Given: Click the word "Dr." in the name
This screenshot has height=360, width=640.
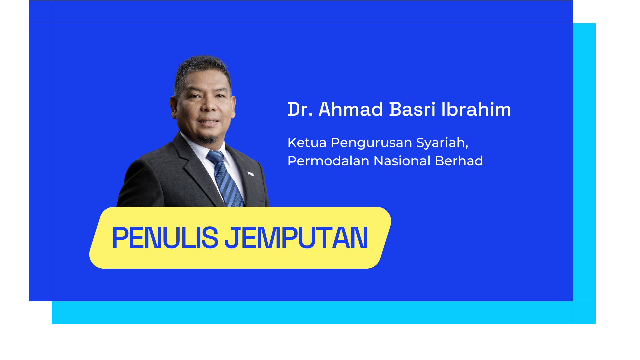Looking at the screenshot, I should click(300, 109).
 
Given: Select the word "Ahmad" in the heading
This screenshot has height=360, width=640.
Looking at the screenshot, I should click(351, 109).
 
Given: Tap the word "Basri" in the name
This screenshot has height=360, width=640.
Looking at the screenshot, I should click(412, 109).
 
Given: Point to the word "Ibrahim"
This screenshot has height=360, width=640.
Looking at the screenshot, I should click(476, 109).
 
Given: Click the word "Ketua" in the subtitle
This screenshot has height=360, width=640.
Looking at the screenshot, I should click(307, 143).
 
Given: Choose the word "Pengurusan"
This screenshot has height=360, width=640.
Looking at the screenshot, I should click(371, 143).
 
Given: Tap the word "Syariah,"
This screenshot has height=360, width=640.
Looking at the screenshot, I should click(442, 143).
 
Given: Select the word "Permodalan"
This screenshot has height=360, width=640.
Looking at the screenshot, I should click(328, 161).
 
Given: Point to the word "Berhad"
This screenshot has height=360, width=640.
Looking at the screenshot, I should click(459, 161).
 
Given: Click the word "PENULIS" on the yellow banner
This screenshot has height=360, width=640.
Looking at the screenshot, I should click(165, 238).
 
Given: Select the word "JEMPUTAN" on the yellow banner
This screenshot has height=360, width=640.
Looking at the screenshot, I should click(296, 238).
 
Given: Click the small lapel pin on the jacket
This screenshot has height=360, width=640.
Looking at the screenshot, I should click(251, 174).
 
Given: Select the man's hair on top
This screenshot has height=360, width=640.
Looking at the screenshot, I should click(202, 65).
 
